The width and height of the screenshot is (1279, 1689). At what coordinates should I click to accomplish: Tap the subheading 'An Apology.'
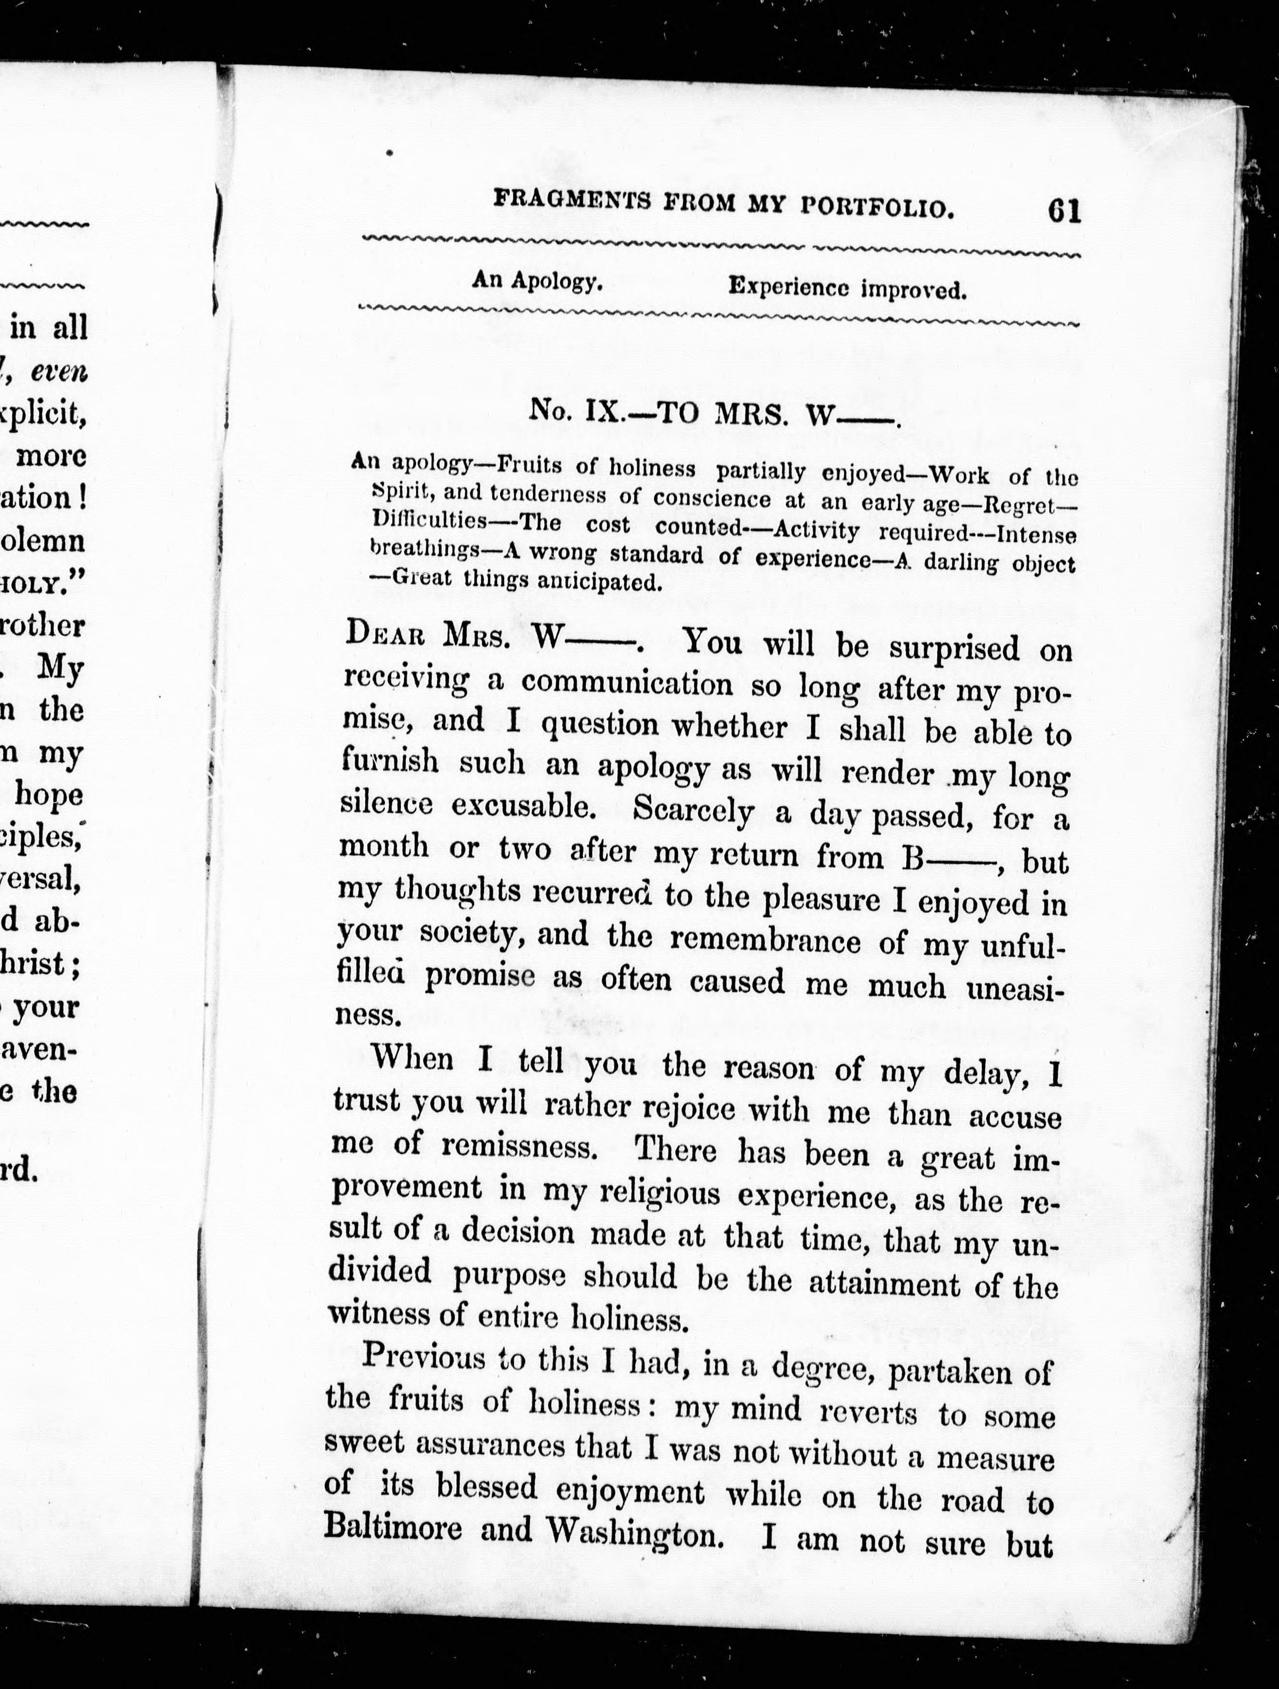tap(537, 282)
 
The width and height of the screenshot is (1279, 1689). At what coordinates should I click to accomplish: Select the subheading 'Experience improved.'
tap(847, 289)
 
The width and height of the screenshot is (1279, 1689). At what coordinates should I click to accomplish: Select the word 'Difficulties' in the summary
tap(429, 522)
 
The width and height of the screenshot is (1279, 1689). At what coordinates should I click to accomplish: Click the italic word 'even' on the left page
tap(60, 372)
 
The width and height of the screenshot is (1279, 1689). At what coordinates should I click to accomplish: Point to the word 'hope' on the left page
tap(49, 795)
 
